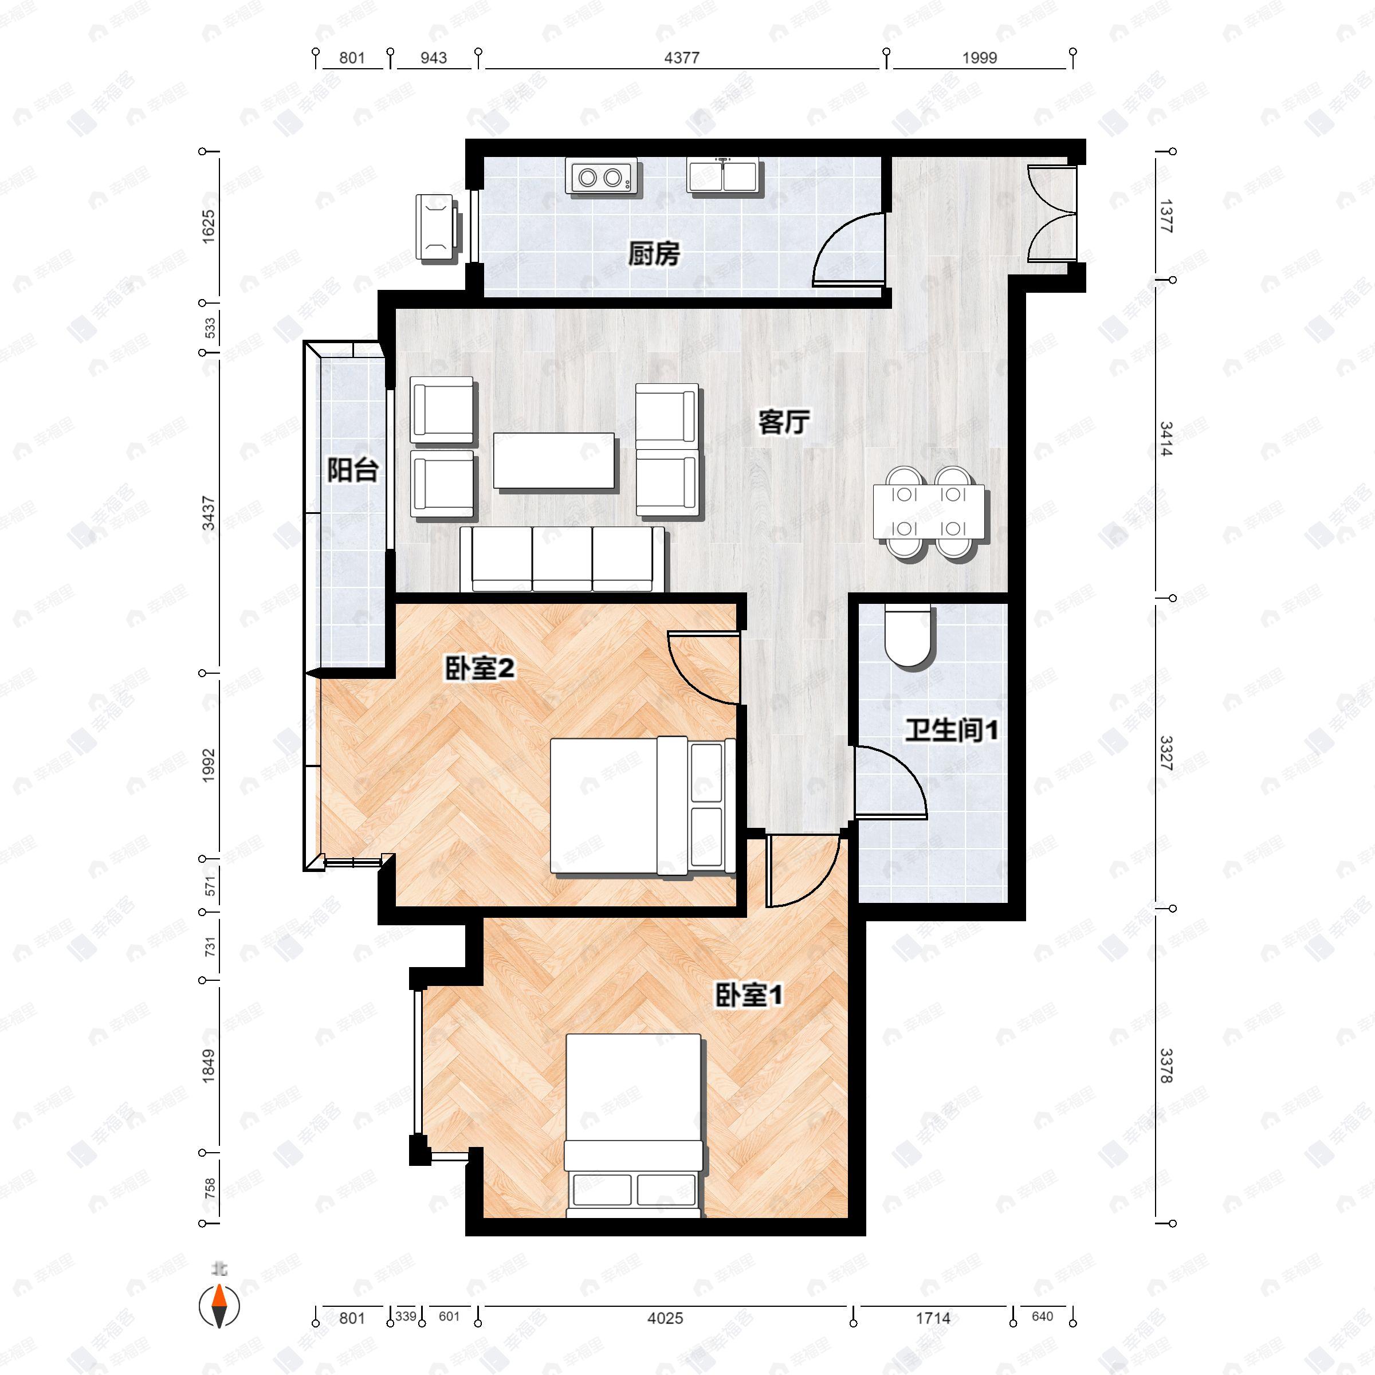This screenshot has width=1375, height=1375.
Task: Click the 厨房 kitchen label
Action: tap(653, 254)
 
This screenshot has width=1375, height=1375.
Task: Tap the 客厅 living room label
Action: tap(784, 422)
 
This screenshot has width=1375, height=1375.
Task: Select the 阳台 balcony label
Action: tap(352, 470)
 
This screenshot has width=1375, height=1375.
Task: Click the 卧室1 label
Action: tap(748, 995)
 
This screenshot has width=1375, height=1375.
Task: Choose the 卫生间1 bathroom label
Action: tap(952, 730)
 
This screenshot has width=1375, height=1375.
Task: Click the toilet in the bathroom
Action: tap(908, 635)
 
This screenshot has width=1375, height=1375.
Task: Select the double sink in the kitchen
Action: tap(723, 175)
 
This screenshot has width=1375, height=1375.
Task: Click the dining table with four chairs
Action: tap(929, 512)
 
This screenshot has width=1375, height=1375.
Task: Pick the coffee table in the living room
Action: tap(553, 461)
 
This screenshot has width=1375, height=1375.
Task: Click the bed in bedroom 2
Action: tap(641, 806)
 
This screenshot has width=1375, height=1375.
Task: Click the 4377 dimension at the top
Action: tap(682, 58)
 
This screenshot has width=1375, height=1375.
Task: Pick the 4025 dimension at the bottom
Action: tap(665, 1318)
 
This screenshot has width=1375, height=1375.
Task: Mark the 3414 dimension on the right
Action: tap(1165, 439)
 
